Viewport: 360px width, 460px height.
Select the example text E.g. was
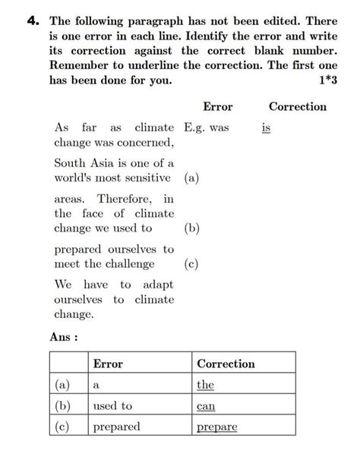pos(207,128)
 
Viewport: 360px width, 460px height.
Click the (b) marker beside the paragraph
pos(191,228)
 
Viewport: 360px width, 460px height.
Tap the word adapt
pos(157,285)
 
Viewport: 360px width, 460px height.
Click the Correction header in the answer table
pos(226,364)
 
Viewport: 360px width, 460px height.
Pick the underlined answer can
pos(206,406)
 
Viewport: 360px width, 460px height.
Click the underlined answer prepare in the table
pos(216,427)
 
